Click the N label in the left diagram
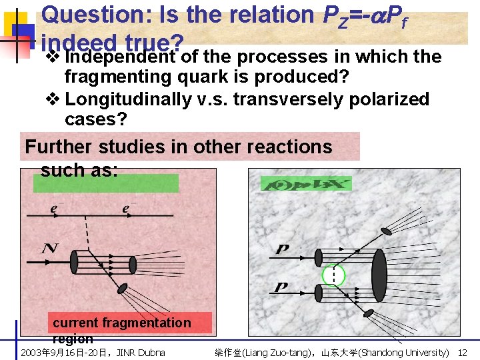click(x=49, y=249)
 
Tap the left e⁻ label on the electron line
click(x=53, y=209)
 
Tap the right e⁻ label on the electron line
click(x=125, y=209)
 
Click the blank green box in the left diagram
click(x=106, y=183)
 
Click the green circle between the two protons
click(x=332, y=275)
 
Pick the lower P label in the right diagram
click(x=282, y=287)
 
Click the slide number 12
click(x=463, y=352)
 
